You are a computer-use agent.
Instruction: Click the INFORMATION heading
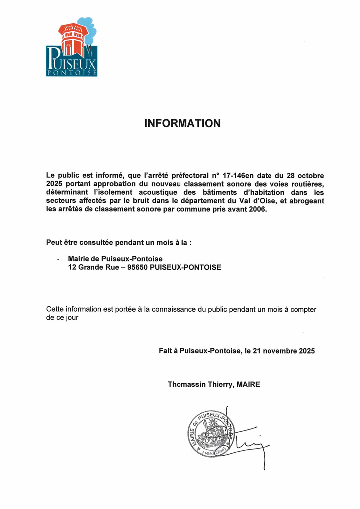182,123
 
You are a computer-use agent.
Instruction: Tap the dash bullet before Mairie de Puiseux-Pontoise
59,259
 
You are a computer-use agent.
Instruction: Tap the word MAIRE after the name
248,384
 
